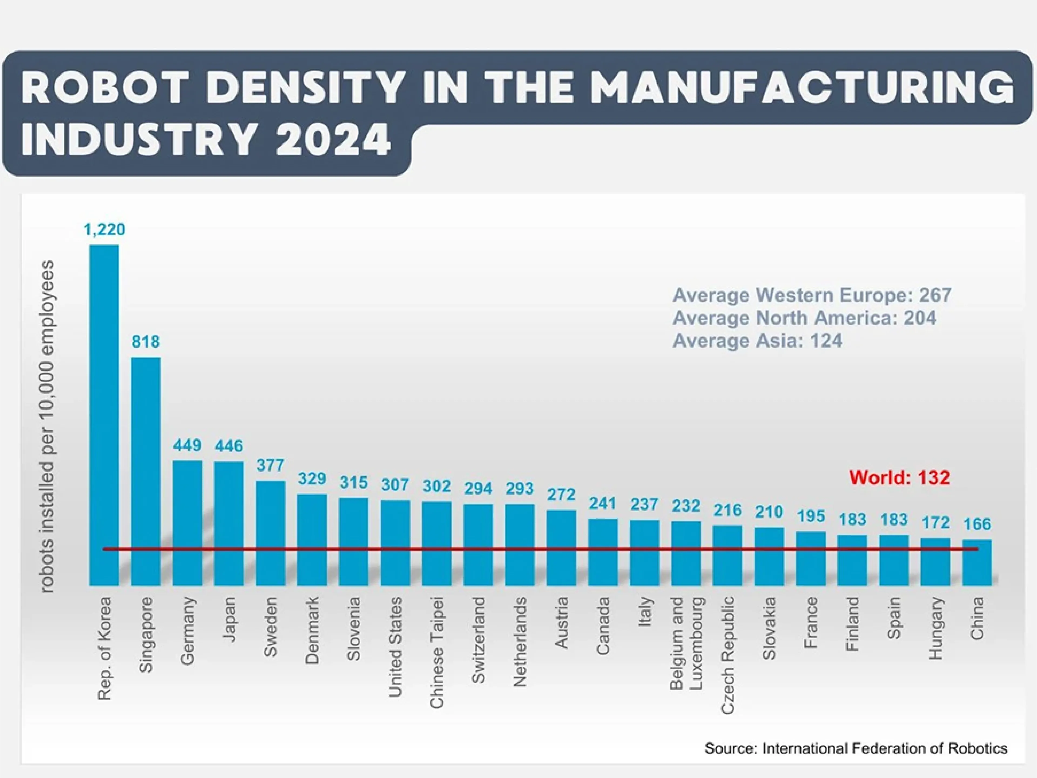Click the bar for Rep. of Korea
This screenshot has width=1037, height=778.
[104, 415]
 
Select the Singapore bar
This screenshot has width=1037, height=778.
[145, 471]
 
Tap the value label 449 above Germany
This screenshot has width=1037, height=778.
[187, 445]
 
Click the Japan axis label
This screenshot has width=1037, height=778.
[229, 619]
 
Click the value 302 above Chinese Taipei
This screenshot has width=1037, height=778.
[436, 486]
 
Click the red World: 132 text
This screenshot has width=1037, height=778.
[899, 477]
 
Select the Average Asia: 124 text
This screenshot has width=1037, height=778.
[757, 340]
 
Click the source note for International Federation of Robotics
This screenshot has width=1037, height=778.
[856, 748]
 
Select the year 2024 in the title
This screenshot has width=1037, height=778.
[333, 139]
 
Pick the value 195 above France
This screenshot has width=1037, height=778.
[811, 516]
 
